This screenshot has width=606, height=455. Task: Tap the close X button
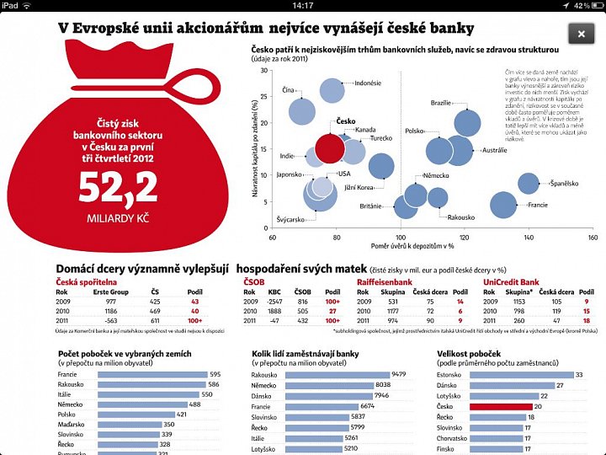[x=581, y=34]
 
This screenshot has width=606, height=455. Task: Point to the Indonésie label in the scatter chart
[x=367, y=83]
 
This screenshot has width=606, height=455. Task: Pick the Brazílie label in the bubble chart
[x=441, y=103]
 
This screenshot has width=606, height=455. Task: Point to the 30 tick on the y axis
[x=264, y=70]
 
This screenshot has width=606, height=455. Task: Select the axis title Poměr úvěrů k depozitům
[x=413, y=247]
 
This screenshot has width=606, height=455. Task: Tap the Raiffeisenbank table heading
[x=384, y=281]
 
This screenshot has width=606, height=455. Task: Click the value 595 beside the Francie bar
[x=215, y=374]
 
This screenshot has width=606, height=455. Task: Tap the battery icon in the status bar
[x=593, y=5]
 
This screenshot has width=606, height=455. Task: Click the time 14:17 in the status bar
[x=303, y=5]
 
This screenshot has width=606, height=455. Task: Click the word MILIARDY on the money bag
[x=102, y=218]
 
